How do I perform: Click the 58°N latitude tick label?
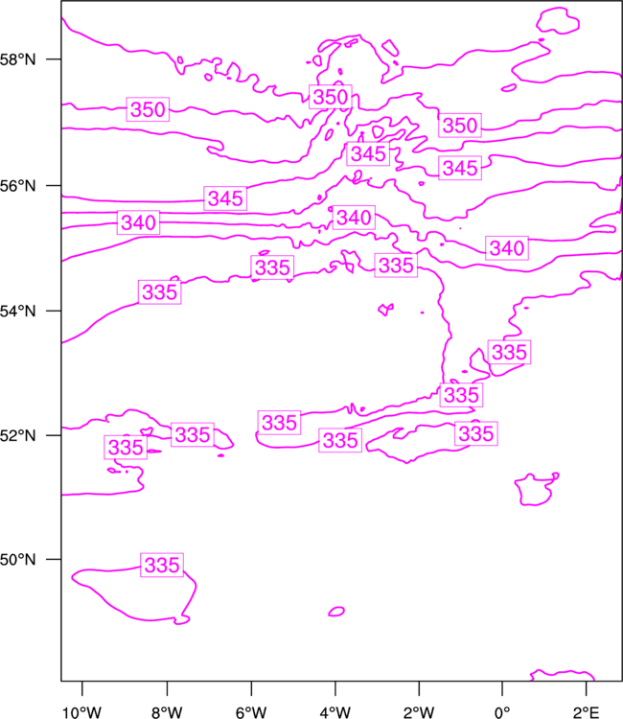[17, 59]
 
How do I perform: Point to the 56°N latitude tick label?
[17, 186]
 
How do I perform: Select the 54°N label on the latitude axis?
[17, 312]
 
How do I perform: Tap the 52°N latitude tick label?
[17, 435]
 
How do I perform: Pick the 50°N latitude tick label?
[17, 560]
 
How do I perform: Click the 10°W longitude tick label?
[82, 712]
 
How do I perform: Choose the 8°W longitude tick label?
[167, 712]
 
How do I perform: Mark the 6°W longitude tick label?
[251, 712]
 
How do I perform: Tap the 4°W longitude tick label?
[335, 712]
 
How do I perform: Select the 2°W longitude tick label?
[419, 712]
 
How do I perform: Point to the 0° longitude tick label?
[502, 712]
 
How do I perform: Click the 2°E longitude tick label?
[586, 712]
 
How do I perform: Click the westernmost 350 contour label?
[148, 109]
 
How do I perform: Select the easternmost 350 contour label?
[460, 126]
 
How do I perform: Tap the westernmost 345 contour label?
[225, 198]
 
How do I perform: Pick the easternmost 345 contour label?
[460, 168]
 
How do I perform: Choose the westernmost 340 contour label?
[138, 222]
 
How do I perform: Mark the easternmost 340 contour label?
[507, 248]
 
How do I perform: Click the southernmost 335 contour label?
[162, 565]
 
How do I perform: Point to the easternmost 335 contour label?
[509, 352]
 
